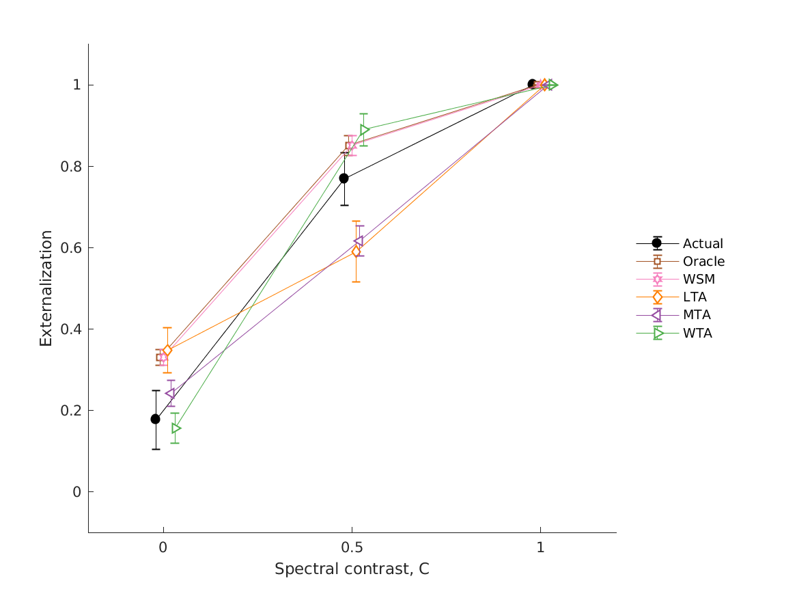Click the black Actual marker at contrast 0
point(156,419)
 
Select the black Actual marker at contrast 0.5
point(344,178)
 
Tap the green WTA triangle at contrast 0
point(176,429)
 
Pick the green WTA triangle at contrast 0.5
point(364,130)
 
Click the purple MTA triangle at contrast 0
point(170,394)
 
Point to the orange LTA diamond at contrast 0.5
point(356,252)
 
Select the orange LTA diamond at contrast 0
point(167,351)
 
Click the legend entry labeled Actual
point(703,243)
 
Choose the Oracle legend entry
point(703,261)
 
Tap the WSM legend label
point(699,279)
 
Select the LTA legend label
point(695,297)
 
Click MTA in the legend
point(697,315)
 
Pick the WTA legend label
point(697,334)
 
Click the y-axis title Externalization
point(46,288)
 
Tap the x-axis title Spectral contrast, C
point(352,569)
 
